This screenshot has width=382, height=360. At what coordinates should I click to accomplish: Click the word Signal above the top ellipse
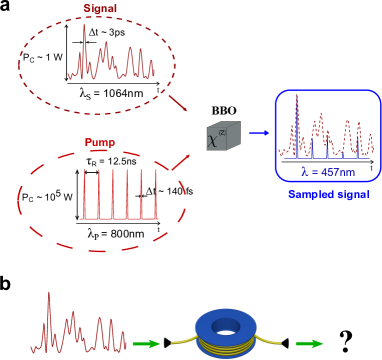point(99,8)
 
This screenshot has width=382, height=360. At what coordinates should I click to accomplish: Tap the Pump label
point(99,142)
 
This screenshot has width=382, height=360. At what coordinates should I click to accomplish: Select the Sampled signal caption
point(328,194)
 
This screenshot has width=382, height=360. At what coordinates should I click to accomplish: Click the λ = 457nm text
point(326,170)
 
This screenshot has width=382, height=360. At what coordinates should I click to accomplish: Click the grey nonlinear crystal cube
point(223,136)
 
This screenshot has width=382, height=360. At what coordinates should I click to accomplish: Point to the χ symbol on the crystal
point(213,140)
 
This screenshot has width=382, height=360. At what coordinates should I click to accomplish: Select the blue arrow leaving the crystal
point(258,132)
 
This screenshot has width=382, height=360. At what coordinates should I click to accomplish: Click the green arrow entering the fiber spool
point(146,344)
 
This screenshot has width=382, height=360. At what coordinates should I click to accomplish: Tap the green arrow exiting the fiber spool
point(309,344)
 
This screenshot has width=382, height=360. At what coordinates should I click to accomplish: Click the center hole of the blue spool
point(226,325)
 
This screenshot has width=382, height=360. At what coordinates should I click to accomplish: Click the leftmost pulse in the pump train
point(84,195)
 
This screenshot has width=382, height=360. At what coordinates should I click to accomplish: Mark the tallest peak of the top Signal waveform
point(84,30)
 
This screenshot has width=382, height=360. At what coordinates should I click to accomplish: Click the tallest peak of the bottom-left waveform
point(47,297)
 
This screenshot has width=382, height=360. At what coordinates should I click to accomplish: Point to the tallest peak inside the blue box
point(296,100)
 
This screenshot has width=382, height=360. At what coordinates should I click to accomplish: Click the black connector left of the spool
point(167,343)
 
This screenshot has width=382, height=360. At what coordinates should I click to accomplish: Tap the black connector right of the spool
point(285,343)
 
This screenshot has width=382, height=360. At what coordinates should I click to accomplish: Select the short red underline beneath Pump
point(99,150)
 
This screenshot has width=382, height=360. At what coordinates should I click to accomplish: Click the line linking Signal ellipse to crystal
point(177,103)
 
